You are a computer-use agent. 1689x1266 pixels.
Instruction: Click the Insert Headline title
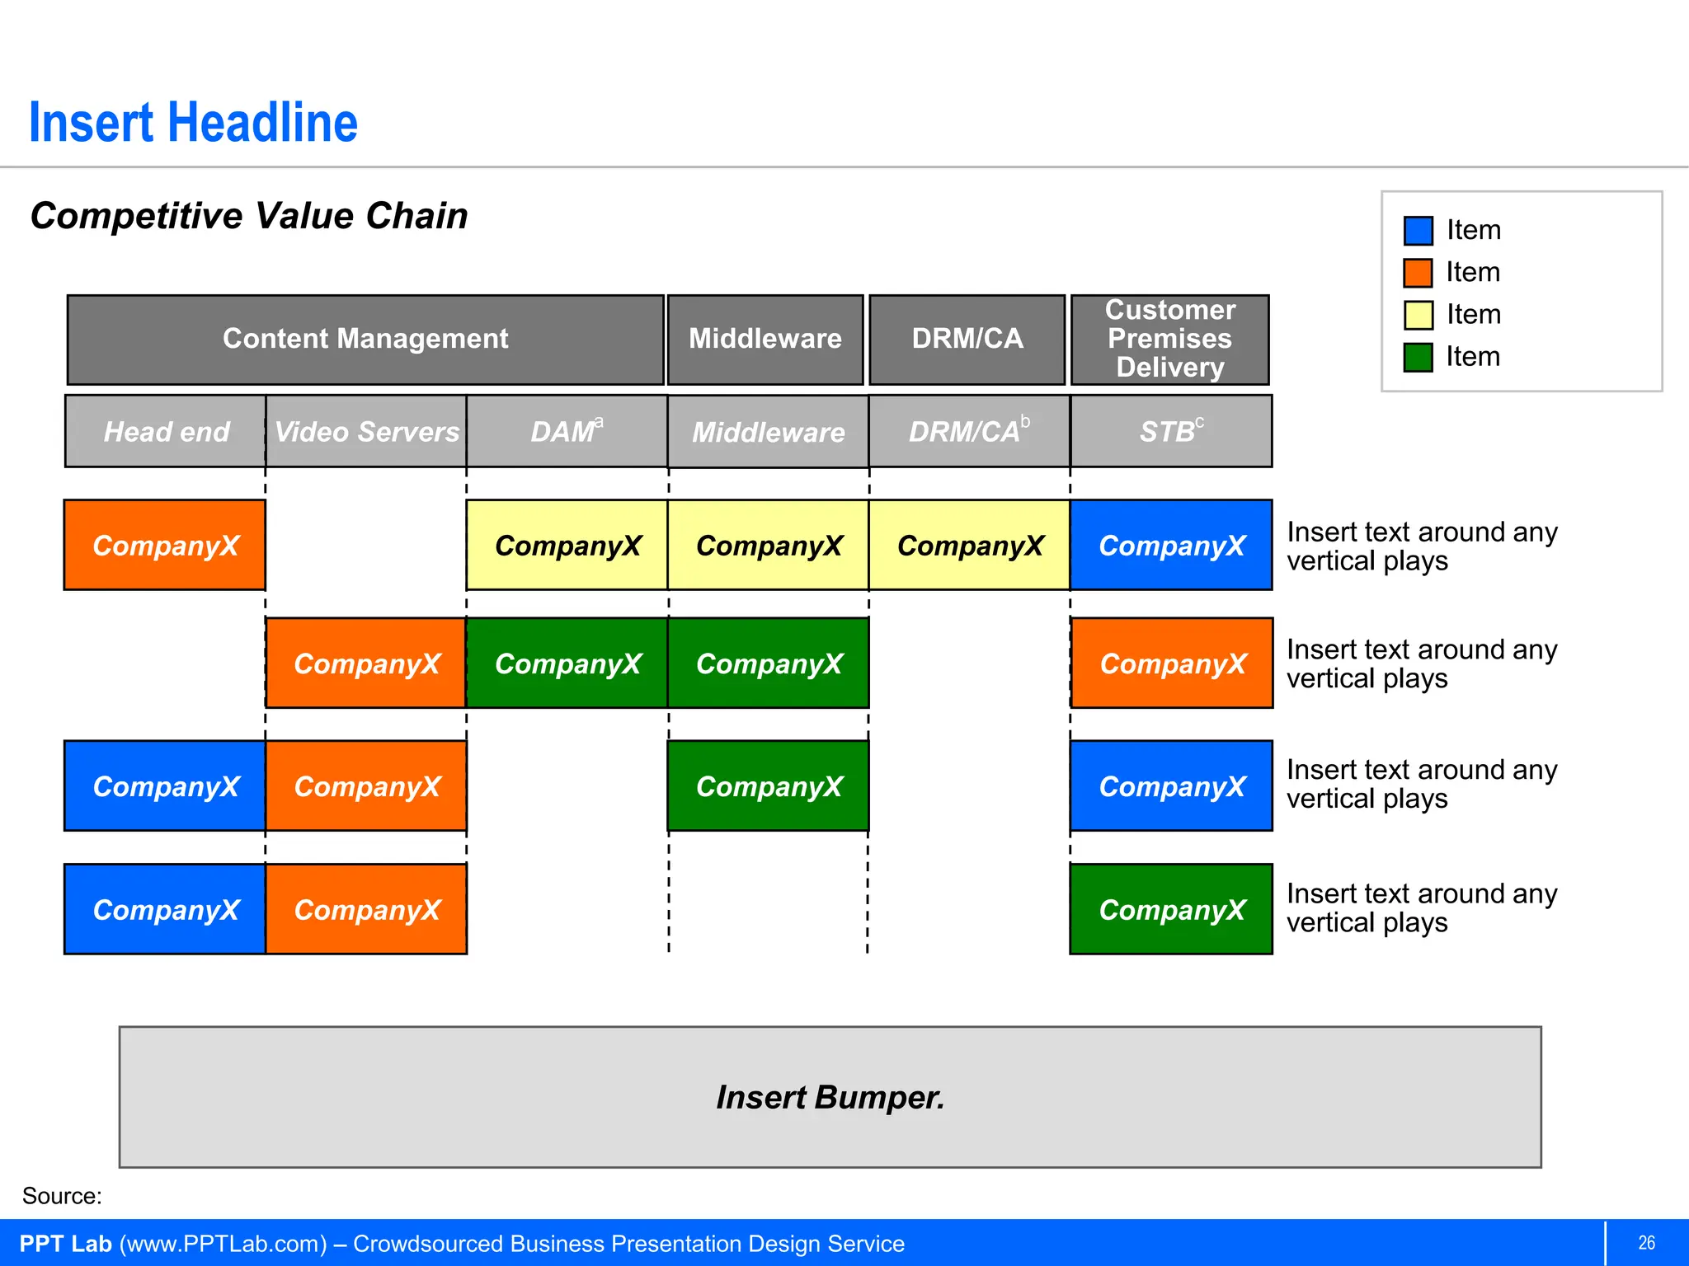click(x=193, y=124)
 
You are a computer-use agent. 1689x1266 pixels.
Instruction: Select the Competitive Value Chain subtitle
click(x=248, y=216)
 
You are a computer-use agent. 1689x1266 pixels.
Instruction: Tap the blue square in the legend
click(x=1418, y=231)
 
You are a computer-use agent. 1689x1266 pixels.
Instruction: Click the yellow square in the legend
click(x=1418, y=315)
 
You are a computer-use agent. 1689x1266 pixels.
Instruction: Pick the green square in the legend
click(x=1418, y=358)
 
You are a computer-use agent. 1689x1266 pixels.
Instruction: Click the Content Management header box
click(x=365, y=340)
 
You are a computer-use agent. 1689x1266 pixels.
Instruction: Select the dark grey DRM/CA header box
click(x=967, y=340)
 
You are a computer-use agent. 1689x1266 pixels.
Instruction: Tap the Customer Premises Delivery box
click(x=1169, y=340)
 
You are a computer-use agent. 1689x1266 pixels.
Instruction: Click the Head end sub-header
click(x=166, y=432)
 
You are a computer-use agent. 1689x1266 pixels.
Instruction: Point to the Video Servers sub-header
click(x=366, y=432)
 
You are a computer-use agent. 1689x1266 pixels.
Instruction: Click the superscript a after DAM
click(x=599, y=422)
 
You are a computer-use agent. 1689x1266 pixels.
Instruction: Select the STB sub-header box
click(x=1170, y=432)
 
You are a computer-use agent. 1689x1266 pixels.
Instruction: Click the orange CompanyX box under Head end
click(x=165, y=546)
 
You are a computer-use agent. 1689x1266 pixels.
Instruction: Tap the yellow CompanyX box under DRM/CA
click(x=969, y=546)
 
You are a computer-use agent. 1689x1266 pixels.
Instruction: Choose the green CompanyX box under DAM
click(x=567, y=663)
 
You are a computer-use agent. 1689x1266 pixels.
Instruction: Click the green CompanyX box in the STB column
click(x=1170, y=910)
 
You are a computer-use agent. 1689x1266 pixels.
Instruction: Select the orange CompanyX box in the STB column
click(x=1171, y=663)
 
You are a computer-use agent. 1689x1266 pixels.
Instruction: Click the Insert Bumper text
click(x=830, y=1098)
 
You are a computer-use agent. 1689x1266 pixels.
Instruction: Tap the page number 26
click(x=1646, y=1243)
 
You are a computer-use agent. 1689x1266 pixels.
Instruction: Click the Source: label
click(x=62, y=1196)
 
